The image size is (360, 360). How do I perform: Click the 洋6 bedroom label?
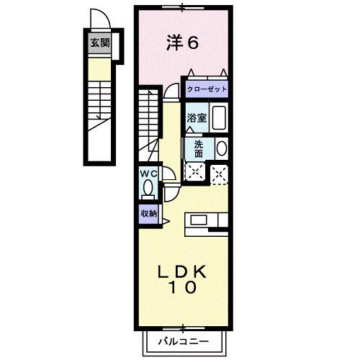pyautogui.click(x=182, y=42)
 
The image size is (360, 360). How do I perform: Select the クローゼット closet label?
pyautogui.click(x=207, y=89)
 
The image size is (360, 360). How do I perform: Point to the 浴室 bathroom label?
pyautogui.click(x=197, y=117)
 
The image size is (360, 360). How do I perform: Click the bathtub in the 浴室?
pyautogui.click(x=220, y=117)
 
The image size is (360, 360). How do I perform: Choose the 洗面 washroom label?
pyautogui.click(x=198, y=148)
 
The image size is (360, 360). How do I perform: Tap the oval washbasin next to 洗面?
pyautogui.click(x=221, y=148)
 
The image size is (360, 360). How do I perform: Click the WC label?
pyautogui.click(x=148, y=174)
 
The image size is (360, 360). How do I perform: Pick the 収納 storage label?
pyautogui.click(x=148, y=213)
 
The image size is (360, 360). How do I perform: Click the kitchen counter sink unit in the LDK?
pyautogui.click(x=207, y=221)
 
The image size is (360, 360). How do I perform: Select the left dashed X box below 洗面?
pyautogui.click(x=194, y=171)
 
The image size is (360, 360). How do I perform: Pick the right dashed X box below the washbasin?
pyautogui.click(x=220, y=172)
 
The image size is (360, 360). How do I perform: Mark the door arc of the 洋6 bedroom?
pyautogui.click(x=171, y=91)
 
